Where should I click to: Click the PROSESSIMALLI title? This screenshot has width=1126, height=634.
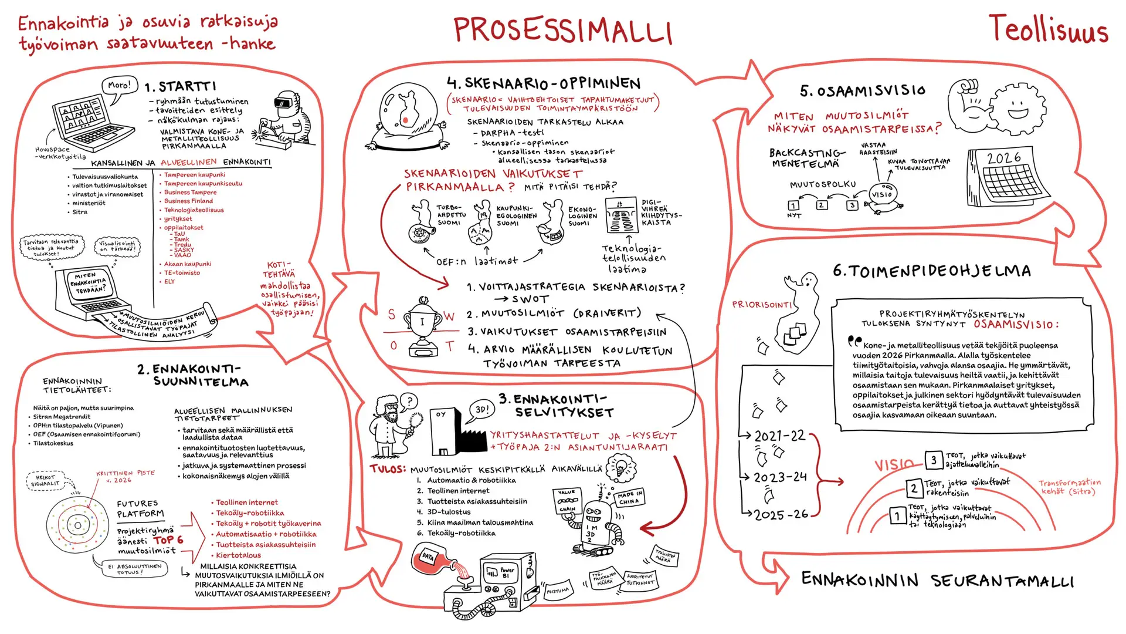click(x=562, y=30)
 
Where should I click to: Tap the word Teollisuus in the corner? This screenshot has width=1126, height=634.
click(x=1048, y=29)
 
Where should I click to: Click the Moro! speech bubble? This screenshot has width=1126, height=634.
click(x=119, y=86)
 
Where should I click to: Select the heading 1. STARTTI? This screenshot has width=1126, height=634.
click(x=181, y=87)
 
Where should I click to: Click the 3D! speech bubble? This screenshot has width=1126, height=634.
click(x=482, y=410)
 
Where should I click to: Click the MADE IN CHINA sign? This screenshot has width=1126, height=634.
click(x=630, y=498)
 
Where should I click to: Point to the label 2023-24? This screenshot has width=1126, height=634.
click(x=780, y=477)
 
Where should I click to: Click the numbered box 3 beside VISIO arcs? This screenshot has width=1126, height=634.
click(x=934, y=460)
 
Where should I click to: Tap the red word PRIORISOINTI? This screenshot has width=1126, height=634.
click(x=761, y=305)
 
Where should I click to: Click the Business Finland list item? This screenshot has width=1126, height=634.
click(x=188, y=201)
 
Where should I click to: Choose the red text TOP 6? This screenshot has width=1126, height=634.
click(x=169, y=540)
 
